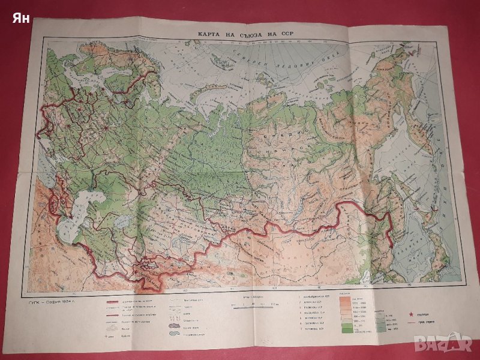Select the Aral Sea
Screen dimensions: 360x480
(120, 222)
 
